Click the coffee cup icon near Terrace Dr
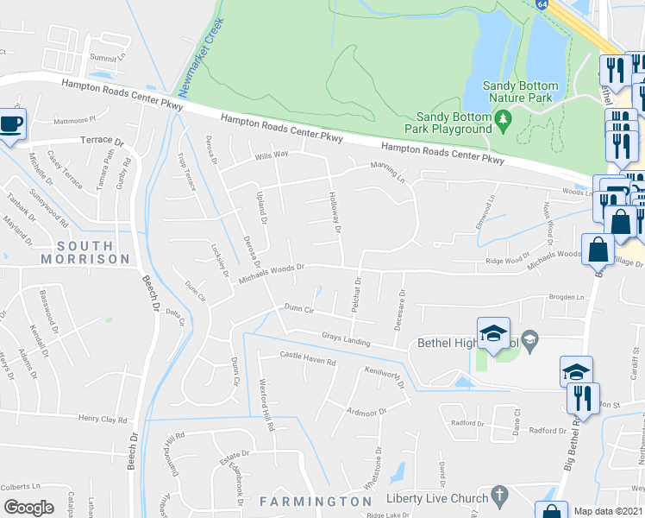[11, 123]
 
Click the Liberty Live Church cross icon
[498, 495]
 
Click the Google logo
[28, 508]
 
